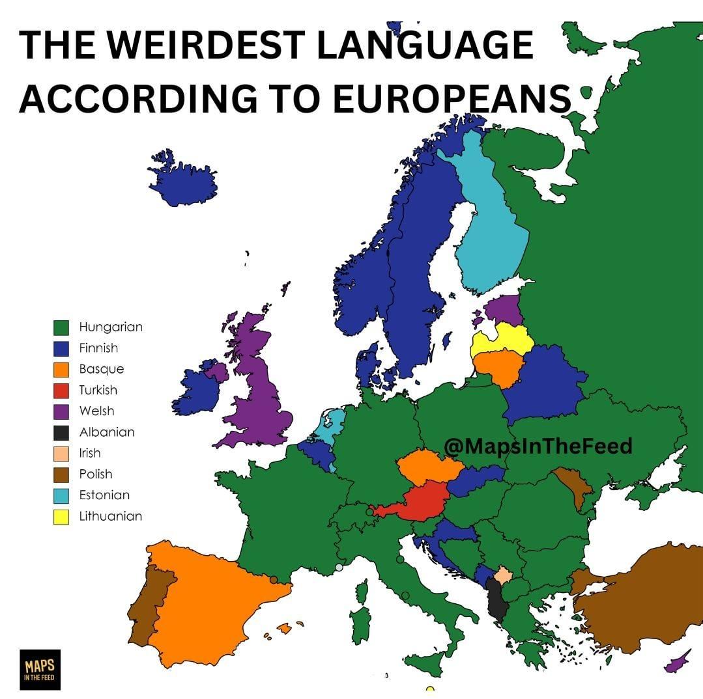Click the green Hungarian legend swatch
[61, 327]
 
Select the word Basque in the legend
[101, 369]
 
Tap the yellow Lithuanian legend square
[61, 516]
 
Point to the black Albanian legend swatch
[61, 432]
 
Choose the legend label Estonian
[104, 495]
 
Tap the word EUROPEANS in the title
[450, 99]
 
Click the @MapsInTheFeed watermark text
[538, 446]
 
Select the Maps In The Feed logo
[40, 669]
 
